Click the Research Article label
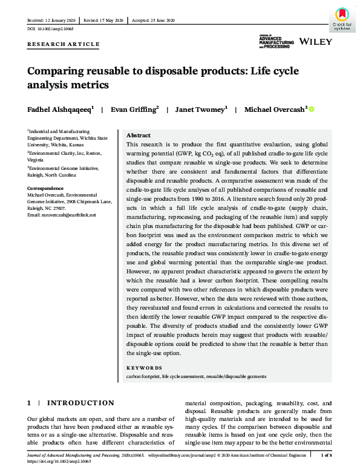coord(64,44)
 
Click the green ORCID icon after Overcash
coord(312,109)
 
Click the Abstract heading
coord(139,135)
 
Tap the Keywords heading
coord(144,368)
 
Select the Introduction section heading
coord(80,403)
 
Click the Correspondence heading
coord(47,189)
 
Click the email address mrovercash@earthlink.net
coord(61,215)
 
